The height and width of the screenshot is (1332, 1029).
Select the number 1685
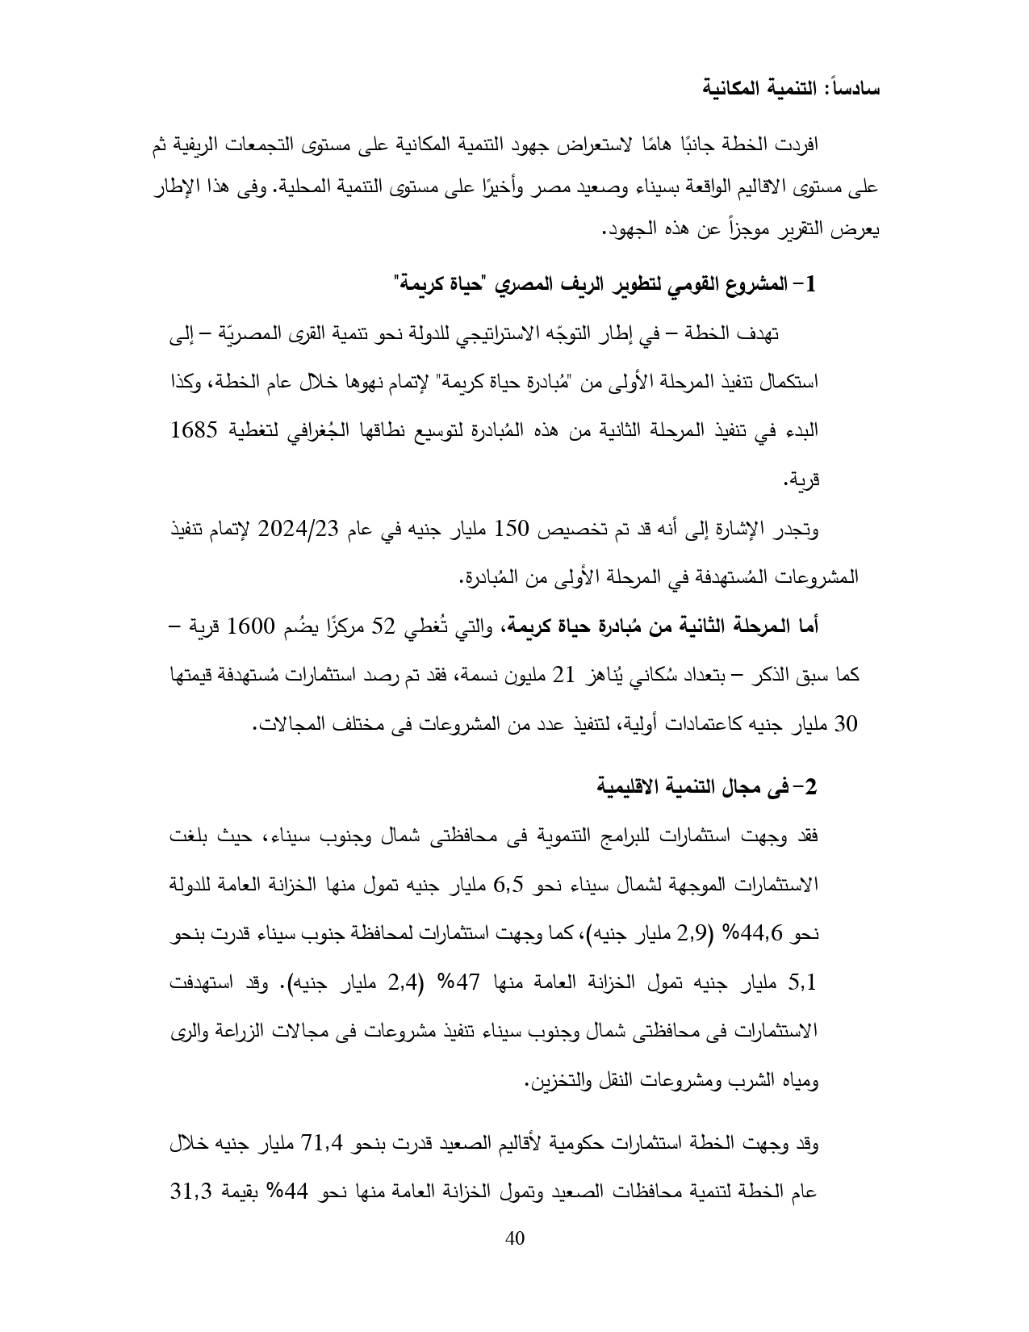[196, 429]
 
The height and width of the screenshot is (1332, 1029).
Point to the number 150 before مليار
[511, 529]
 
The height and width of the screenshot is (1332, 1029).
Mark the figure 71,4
[323, 1143]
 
